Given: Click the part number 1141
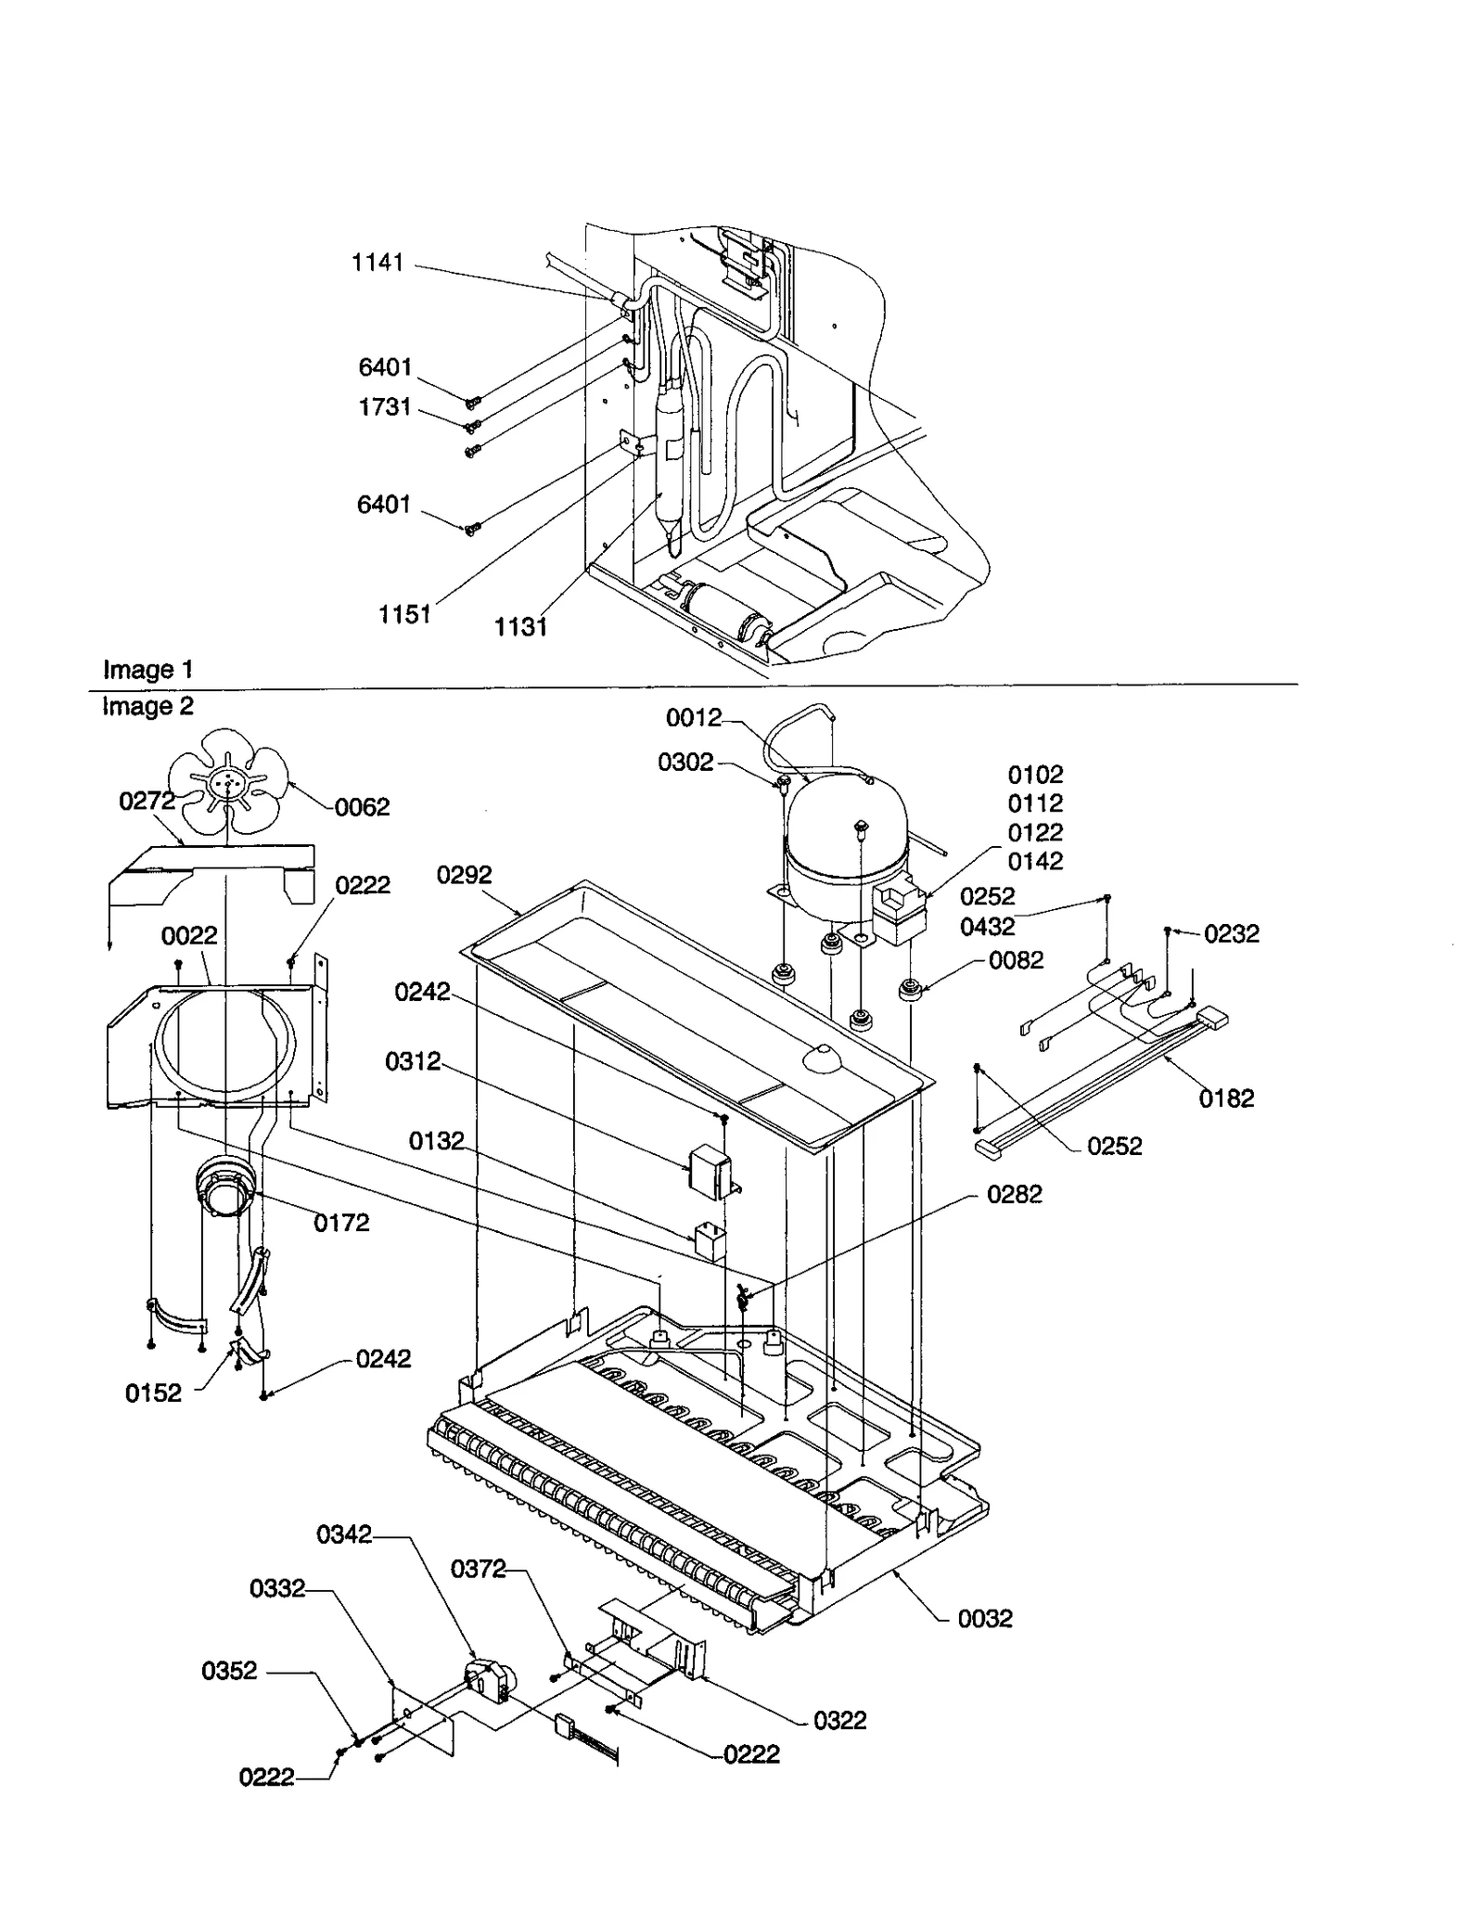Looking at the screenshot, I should coord(377,263).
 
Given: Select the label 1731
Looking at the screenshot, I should coord(385,406).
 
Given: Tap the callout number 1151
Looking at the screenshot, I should coord(404,614).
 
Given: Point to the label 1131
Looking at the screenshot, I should coord(520,627).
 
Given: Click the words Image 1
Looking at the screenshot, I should coord(147,669).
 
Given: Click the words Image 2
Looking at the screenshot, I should coord(147,706).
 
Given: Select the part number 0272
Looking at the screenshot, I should coord(147,801).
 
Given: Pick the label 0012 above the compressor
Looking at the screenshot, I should coord(693,717).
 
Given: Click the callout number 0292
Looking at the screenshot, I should coord(464,875).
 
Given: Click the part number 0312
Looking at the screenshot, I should coord(413,1061).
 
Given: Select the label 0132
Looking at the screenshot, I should coord(436,1141).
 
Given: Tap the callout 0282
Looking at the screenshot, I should coord(1014,1195).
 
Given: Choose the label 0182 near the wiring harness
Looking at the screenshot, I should coord(1226,1098).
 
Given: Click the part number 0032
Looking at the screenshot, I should coord(985,1619).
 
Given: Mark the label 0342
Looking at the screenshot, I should coord(344,1534).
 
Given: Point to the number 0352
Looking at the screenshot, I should coord(229,1671).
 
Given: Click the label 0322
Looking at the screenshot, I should coord(839,1721).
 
